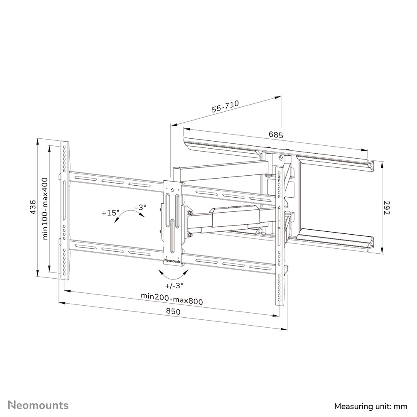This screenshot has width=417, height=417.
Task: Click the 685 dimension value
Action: coord(276,135)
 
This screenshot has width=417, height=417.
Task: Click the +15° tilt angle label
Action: coord(110,213)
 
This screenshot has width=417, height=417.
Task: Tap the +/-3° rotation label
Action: coord(174,285)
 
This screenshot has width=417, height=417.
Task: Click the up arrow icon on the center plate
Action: coord(172,187)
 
